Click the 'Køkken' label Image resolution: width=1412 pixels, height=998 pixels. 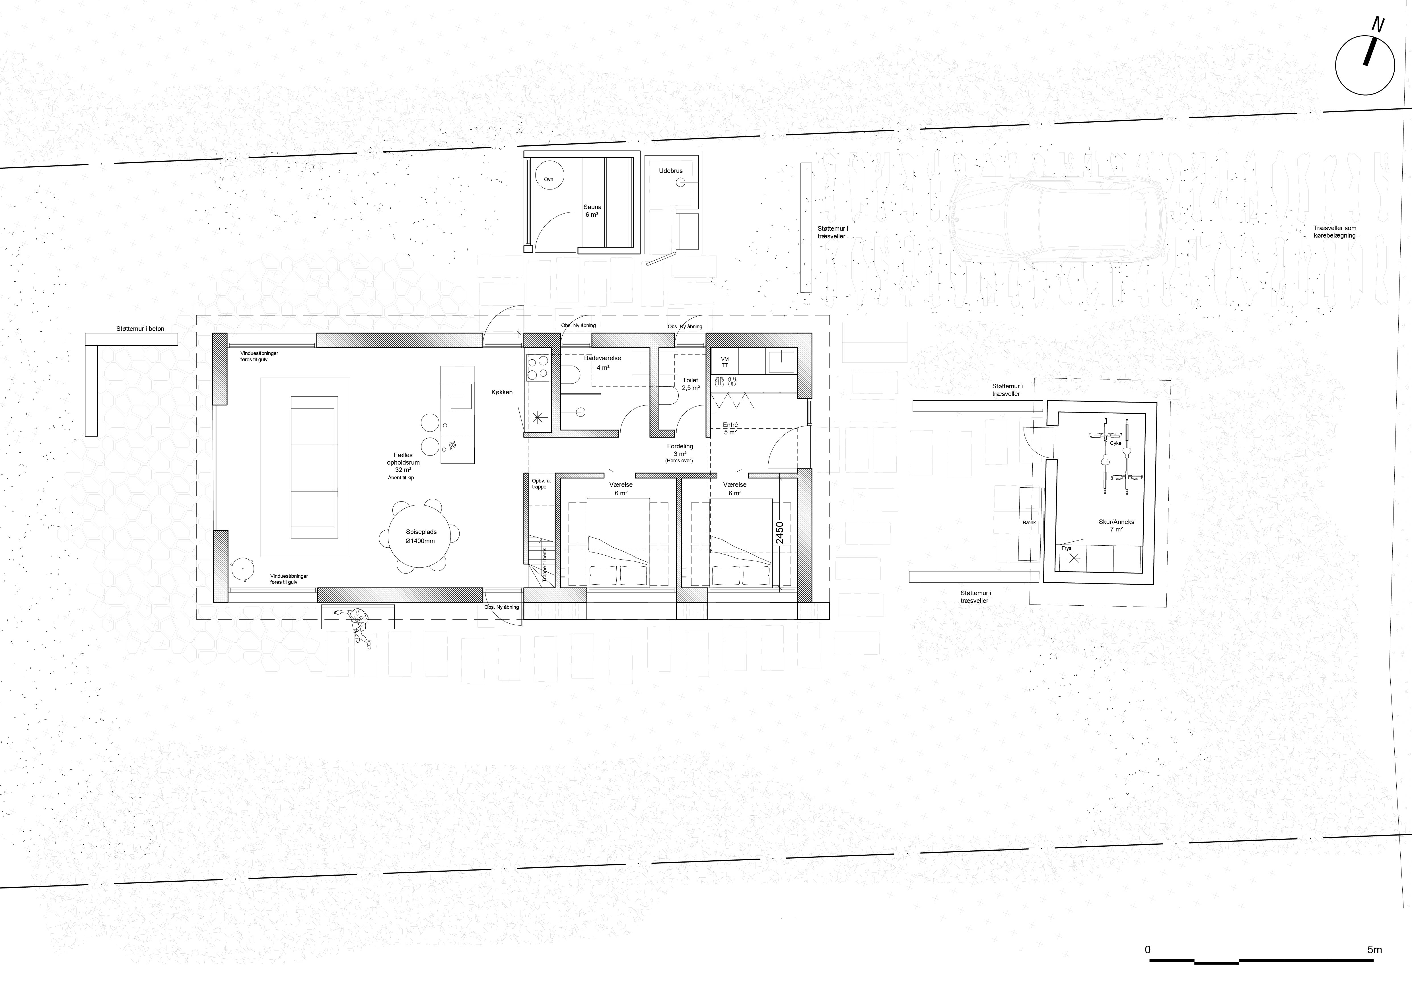(x=502, y=392)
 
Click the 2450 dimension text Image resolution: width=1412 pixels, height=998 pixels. (x=780, y=533)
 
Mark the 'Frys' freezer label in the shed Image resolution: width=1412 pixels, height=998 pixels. (x=1066, y=548)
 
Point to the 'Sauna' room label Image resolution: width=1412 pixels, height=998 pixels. (x=592, y=207)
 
